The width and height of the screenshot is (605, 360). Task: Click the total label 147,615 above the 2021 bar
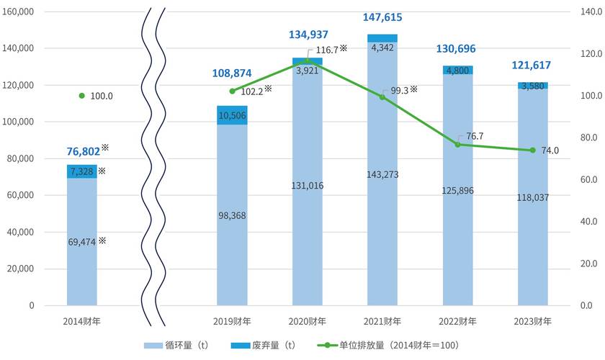382,17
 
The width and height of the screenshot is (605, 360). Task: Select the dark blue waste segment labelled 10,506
232,115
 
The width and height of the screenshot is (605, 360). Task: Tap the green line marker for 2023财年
533,150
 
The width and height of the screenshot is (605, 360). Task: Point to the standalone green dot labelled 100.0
82,96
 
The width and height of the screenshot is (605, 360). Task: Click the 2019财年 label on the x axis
232,321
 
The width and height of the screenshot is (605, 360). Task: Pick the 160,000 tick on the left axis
18,12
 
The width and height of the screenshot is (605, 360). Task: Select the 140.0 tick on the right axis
591,12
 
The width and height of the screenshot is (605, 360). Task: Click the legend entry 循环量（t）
176,345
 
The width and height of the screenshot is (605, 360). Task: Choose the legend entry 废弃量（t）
263,345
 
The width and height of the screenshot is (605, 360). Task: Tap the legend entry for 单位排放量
387,345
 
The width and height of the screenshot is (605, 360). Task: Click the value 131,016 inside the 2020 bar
308,186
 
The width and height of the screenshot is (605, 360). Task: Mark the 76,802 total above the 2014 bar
84,152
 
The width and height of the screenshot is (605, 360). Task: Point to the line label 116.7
327,50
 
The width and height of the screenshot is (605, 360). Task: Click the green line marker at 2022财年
457,145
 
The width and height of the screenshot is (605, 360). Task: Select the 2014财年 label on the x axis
82,321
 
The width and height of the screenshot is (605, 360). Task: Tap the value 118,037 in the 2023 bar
533,197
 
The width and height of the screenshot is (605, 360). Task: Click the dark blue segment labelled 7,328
82,171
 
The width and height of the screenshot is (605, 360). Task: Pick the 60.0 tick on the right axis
589,179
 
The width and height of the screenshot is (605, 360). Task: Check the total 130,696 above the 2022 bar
456,49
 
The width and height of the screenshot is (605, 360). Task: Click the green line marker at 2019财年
232,91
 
